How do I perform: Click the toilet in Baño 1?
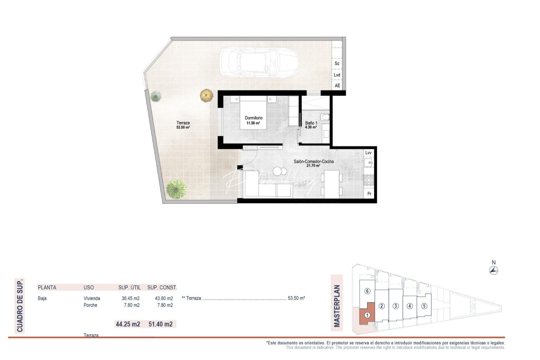pyautogui.click(x=325, y=117)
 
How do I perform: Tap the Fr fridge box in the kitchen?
pyautogui.click(x=369, y=194)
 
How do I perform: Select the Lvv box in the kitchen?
pyautogui.click(x=368, y=153)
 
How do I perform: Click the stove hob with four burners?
pyautogui.click(x=369, y=180)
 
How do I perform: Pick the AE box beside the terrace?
pyautogui.click(x=337, y=86)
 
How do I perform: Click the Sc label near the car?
pyautogui.click(x=337, y=63)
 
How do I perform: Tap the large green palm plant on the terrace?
pyautogui.click(x=176, y=189)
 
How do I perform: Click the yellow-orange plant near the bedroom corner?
pyautogui.click(x=207, y=95)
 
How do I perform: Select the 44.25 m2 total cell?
pyautogui.click(x=128, y=324)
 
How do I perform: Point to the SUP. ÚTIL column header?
pyautogui.click(x=129, y=287)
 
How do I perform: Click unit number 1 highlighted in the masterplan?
pyautogui.click(x=367, y=315)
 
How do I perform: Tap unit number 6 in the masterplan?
pyautogui.click(x=367, y=291)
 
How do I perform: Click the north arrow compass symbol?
pyautogui.click(x=494, y=270)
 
